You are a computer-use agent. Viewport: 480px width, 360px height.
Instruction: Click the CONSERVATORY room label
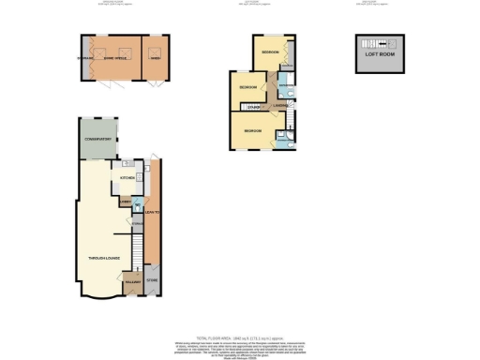pos(97,139)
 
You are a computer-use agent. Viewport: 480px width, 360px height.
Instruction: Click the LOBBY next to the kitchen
pos(124,201)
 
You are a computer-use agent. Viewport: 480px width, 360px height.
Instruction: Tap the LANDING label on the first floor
pos(279,105)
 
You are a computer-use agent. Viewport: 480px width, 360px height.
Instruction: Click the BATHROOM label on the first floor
pos(284,85)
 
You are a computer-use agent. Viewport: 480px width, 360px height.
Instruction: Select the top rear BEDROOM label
pos(271,51)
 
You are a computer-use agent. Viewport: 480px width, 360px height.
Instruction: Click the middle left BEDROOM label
pos(247,87)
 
